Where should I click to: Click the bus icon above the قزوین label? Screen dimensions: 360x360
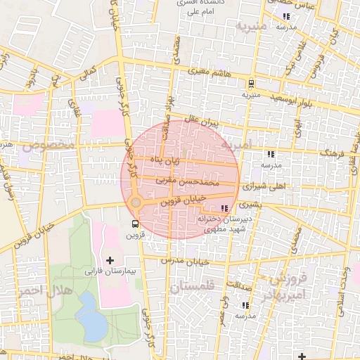tap(134, 224)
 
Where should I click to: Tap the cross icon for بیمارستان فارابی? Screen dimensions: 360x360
tap(110, 260)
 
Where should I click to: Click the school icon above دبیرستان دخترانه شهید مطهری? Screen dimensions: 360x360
tap(224, 208)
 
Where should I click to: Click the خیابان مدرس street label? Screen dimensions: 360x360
tap(188, 261)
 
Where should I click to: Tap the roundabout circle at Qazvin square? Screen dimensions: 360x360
tap(136, 202)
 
